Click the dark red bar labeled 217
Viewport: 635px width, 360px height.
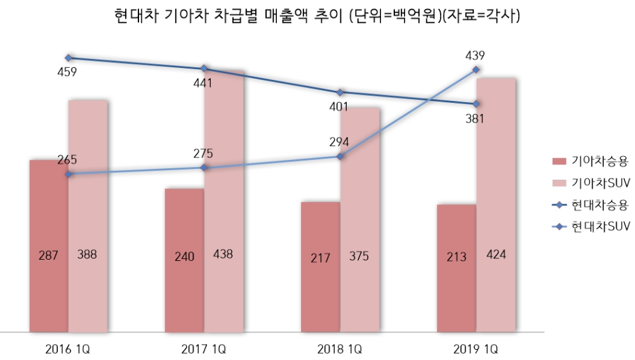(x=320, y=267)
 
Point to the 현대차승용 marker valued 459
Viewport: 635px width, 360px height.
(x=69, y=58)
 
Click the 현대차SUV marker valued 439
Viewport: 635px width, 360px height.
(x=476, y=70)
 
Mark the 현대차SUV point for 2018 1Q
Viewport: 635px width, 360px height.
(x=340, y=156)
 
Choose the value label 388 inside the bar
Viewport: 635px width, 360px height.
(x=87, y=255)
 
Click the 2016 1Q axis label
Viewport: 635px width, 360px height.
(x=68, y=349)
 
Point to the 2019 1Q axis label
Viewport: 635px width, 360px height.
(x=476, y=349)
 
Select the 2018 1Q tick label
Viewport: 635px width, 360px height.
(x=340, y=349)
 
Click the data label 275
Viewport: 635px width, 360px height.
(x=203, y=153)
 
